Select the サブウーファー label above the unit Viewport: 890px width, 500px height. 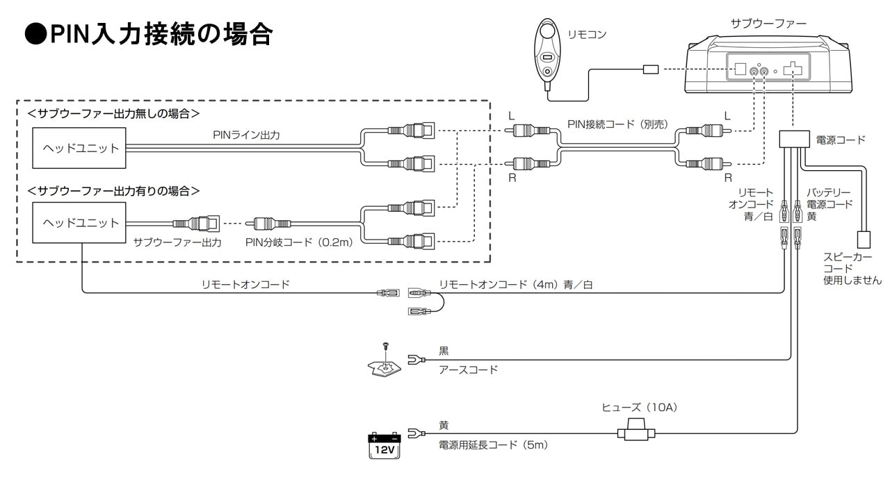(768, 24)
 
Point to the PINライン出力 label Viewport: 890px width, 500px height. (246, 135)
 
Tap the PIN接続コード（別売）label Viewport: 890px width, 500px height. (617, 124)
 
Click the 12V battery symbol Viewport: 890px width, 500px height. (385, 445)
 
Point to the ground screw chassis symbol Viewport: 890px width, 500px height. (385, 365)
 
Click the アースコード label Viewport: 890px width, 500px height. (469, 369)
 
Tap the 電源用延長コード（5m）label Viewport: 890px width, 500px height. (493, 444)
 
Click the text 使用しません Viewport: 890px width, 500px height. (852, 280)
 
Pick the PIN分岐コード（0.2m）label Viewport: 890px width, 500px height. (299, 242)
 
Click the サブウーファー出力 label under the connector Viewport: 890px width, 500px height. (177, 242)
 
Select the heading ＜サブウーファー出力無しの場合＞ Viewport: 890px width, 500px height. (113, 112)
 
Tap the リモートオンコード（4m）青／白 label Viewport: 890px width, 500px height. (515, 284)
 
